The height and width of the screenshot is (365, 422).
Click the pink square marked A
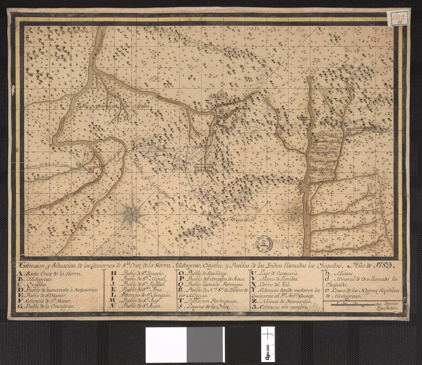[x=90, y=169]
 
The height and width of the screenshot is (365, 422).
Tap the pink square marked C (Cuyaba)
[x=348, y=130]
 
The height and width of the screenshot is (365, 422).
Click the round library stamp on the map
[x=264, y=243]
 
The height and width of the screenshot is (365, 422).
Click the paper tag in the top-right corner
[x=398, y=18]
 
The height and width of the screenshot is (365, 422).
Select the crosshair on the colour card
[x=267, y=334]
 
